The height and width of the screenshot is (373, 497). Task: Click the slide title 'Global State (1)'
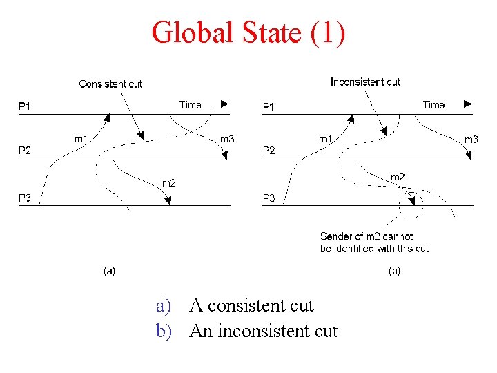click(x=248, y=32)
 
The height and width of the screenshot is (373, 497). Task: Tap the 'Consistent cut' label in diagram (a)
click(x=110, y=84)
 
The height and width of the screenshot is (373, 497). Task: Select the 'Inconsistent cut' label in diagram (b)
click(x=365, y=82)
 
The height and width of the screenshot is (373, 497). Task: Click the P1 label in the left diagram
click(x=24, y=106)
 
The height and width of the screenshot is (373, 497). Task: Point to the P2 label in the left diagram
click(x=24, y=150)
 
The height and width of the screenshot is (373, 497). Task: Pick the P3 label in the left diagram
click(x=24, y=198)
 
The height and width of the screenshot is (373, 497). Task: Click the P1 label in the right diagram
click(x=269, y=107)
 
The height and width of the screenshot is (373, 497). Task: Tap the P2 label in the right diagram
click(x=269, y=151)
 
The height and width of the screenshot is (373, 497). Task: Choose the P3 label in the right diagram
click(x=269, y=198)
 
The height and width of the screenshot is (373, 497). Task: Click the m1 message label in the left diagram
click(x=81, y=139)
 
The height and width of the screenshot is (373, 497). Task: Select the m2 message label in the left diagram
click(x=168, y=183)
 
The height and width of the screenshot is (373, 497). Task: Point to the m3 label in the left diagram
click(x=226, y=139)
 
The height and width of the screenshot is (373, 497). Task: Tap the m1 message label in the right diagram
click(x=325, y=139)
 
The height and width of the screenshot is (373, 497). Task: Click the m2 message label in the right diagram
click(x=398, y=178)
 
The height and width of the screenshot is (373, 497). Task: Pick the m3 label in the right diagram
click(x=471, y=140)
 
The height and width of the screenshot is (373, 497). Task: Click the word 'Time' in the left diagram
click(x=191, y=105)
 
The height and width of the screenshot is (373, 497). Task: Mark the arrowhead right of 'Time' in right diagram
click(x=468, y=104)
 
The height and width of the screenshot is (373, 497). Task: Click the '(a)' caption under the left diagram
click(x=109, y=271)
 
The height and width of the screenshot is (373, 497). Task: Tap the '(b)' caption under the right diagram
click(x=394, y=271)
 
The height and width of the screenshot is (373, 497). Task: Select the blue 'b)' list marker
click(x=164, y=332)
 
